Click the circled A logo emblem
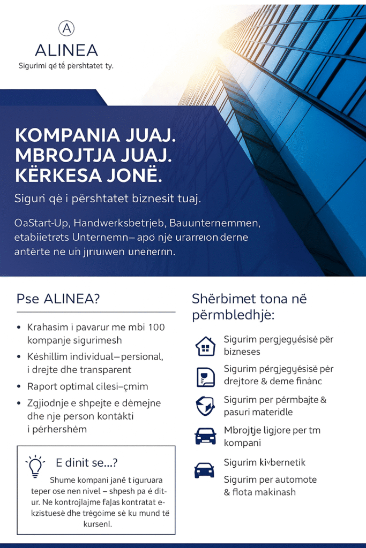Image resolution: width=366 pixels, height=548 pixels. [x=66, y=29]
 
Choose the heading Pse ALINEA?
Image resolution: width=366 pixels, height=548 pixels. [x=58, y=299]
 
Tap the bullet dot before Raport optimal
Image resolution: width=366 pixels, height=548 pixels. [x=19, y=386]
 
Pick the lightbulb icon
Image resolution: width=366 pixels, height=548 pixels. [x=35, y=466]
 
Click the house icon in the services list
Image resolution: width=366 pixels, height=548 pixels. [x=205, y=346]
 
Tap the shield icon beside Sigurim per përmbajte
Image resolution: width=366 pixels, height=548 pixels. [x=205, y=406]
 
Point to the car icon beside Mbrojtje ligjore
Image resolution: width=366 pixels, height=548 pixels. [x=205, y=436]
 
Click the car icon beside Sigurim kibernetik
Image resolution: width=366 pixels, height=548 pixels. [x=204, y=470]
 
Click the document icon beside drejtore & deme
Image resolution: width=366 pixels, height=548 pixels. [x=205, y=377]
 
